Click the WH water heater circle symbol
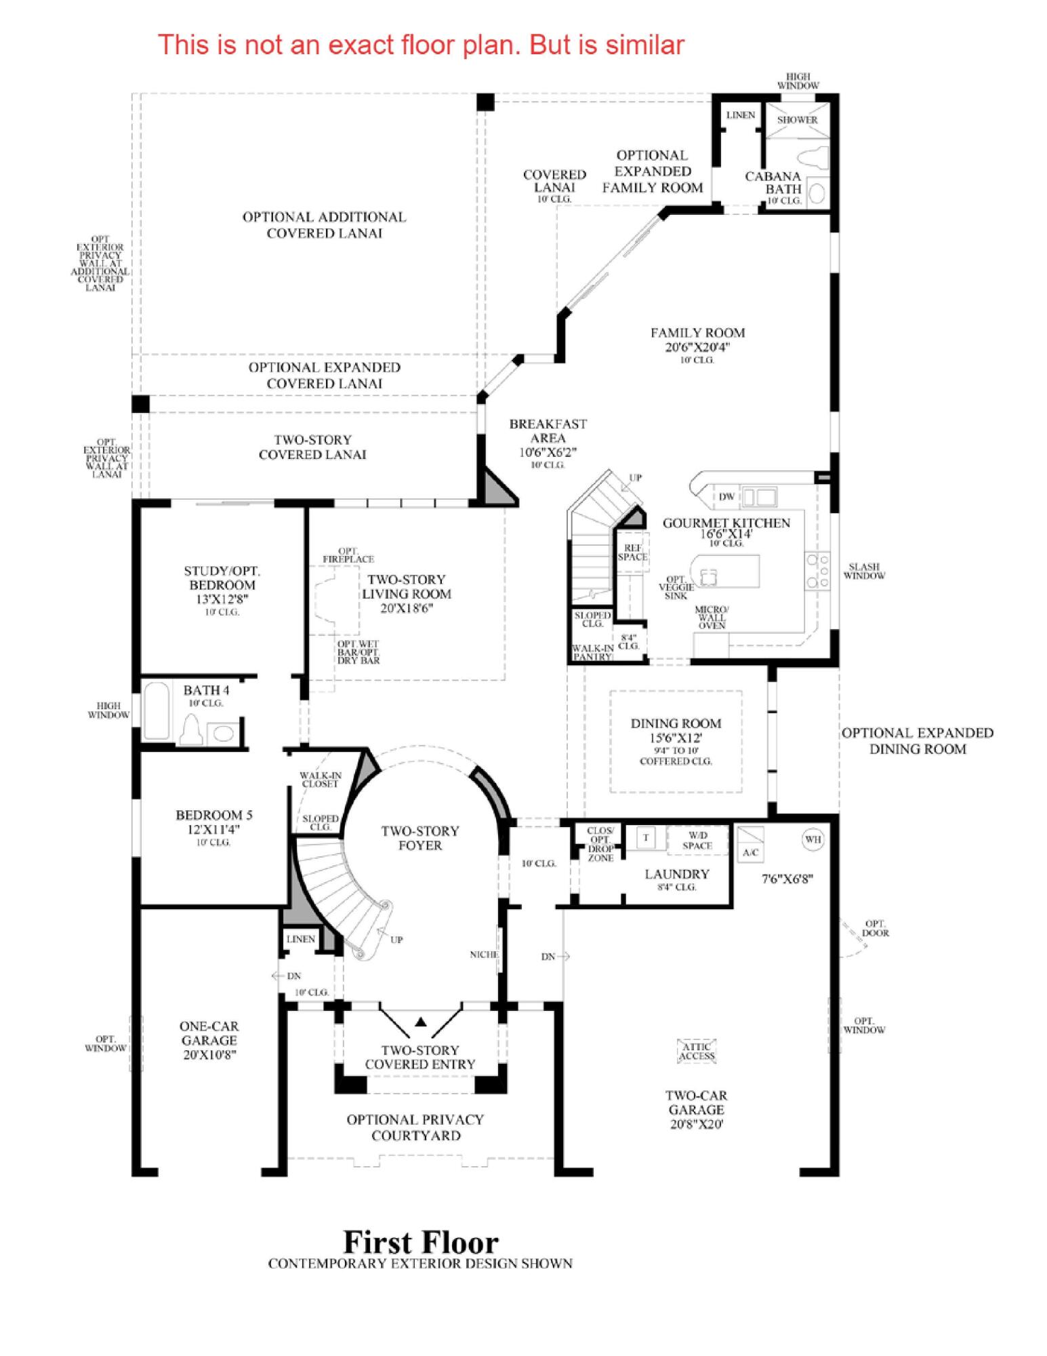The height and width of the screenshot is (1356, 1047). click(x=813, y=839)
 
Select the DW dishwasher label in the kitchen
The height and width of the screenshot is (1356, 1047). click(x=726, y=496)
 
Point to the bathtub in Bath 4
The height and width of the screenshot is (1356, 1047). click(x=157, y=711)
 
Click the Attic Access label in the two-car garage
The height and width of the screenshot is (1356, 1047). click(x=697, y=1052)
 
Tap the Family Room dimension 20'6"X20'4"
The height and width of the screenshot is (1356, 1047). click(x=697, y=347)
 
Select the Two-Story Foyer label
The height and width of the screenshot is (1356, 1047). click(x=420, y=838)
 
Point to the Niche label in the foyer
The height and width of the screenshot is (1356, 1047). click(x=484, y=955)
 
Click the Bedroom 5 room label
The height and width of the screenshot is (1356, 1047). click(x=213, y=815)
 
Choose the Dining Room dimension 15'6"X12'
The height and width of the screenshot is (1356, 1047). click(x=676, y=738)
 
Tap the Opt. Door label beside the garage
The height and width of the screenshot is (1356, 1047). click(x=875, y=928)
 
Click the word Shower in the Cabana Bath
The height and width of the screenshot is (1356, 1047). click(x=797, y=120)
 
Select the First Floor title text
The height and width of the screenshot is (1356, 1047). click(x=421, y=1243)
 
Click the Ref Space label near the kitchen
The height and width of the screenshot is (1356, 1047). click(x=632, y=553)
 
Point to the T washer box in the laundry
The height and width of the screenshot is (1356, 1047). click(x=645, y=838)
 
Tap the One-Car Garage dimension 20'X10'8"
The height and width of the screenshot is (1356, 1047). click(x=209, y=1055)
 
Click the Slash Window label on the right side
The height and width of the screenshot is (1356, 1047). click(x=864, y=571)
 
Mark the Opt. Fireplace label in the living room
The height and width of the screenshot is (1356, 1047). click(x=348, y=555)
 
